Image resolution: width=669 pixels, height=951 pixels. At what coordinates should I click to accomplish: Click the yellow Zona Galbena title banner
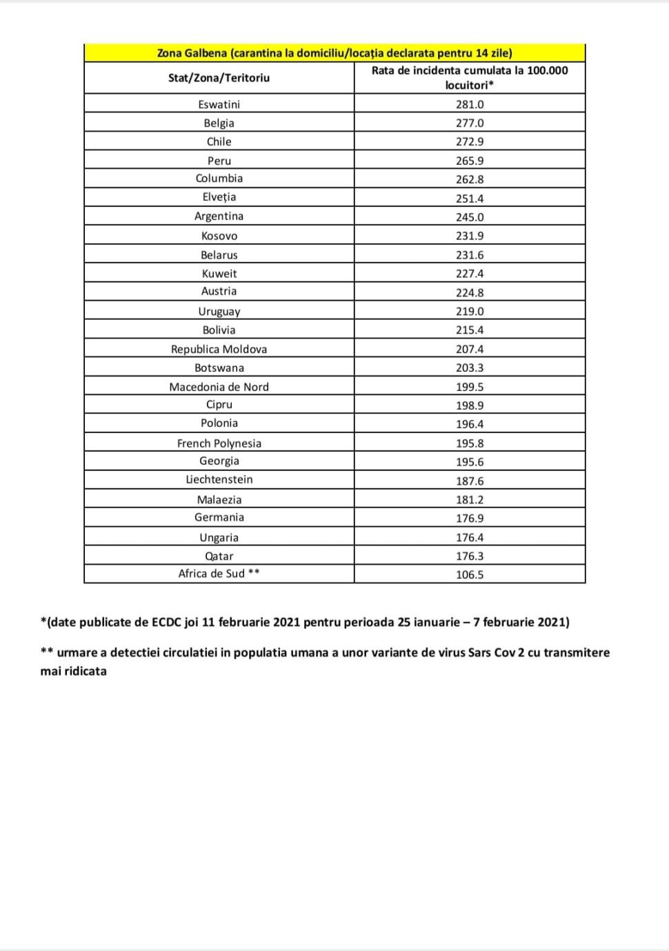pyautogui.click(x=334, y=53)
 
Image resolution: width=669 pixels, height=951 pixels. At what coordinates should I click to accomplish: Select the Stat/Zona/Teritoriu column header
pyautogui.click(x=219, y=78)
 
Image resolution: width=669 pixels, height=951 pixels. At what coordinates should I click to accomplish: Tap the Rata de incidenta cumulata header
pyautogui.click(x=470, y=77)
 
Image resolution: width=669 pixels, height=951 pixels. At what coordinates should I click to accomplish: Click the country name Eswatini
pyautogui.click(x=219, y=104)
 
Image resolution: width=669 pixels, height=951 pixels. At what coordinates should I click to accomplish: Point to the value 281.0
pyautogui.click(x=470, y=104)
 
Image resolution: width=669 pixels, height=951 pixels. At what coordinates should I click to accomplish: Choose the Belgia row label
pyautogui.click(x=219, y=123)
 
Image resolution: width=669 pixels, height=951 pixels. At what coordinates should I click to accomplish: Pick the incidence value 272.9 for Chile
pyautogui.click(x=470, y=141)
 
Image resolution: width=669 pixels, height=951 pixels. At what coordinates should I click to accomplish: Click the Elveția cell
pyautogui.click(x=219, y=197)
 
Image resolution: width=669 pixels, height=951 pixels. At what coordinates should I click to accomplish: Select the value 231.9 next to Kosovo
pyautogui.click(x=470, y=236)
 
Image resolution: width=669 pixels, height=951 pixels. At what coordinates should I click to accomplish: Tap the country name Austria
pyautogui.click(x=219, y=291)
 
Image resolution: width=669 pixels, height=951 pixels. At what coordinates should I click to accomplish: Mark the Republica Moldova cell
pyautogui.click(x=219, y=349)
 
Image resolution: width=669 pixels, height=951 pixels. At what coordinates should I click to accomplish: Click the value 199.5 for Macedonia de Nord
pyautogui.click(x=470, y=387)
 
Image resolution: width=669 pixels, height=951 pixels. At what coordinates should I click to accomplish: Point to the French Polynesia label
pyautogui.click(x=219, y=443)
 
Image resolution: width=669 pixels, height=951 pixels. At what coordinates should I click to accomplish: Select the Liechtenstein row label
pyautogui.click(x=219, y=479)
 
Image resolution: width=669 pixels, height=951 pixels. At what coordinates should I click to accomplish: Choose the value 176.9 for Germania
pyautogui.click(x=470, y=518)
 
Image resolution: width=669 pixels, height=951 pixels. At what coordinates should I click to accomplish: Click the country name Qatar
pyautogui.click(x=219, y=556)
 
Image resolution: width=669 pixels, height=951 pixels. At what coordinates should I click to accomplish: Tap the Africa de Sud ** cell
pyautogui.click(x=219, y=574)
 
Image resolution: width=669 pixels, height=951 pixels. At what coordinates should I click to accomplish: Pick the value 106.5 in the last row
pyautogui.click(x=470, y=574)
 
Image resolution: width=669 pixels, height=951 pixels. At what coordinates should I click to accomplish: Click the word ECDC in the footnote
pyautogui.click(x=166, y=622)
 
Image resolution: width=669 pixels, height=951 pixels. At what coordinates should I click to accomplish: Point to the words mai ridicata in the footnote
pyautogui.click(x=73, y=671)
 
